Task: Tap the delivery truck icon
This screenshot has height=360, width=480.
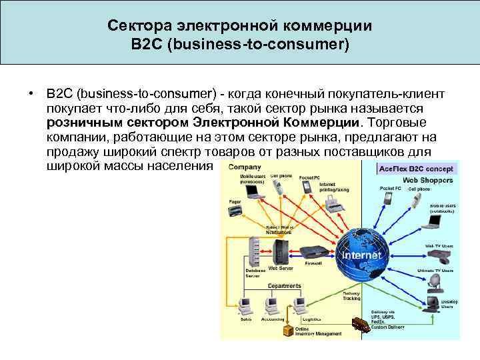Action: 361,325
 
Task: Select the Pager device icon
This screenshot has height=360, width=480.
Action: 235,210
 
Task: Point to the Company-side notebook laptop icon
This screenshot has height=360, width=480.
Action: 253,191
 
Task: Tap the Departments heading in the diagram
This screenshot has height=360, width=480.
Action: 284,285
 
